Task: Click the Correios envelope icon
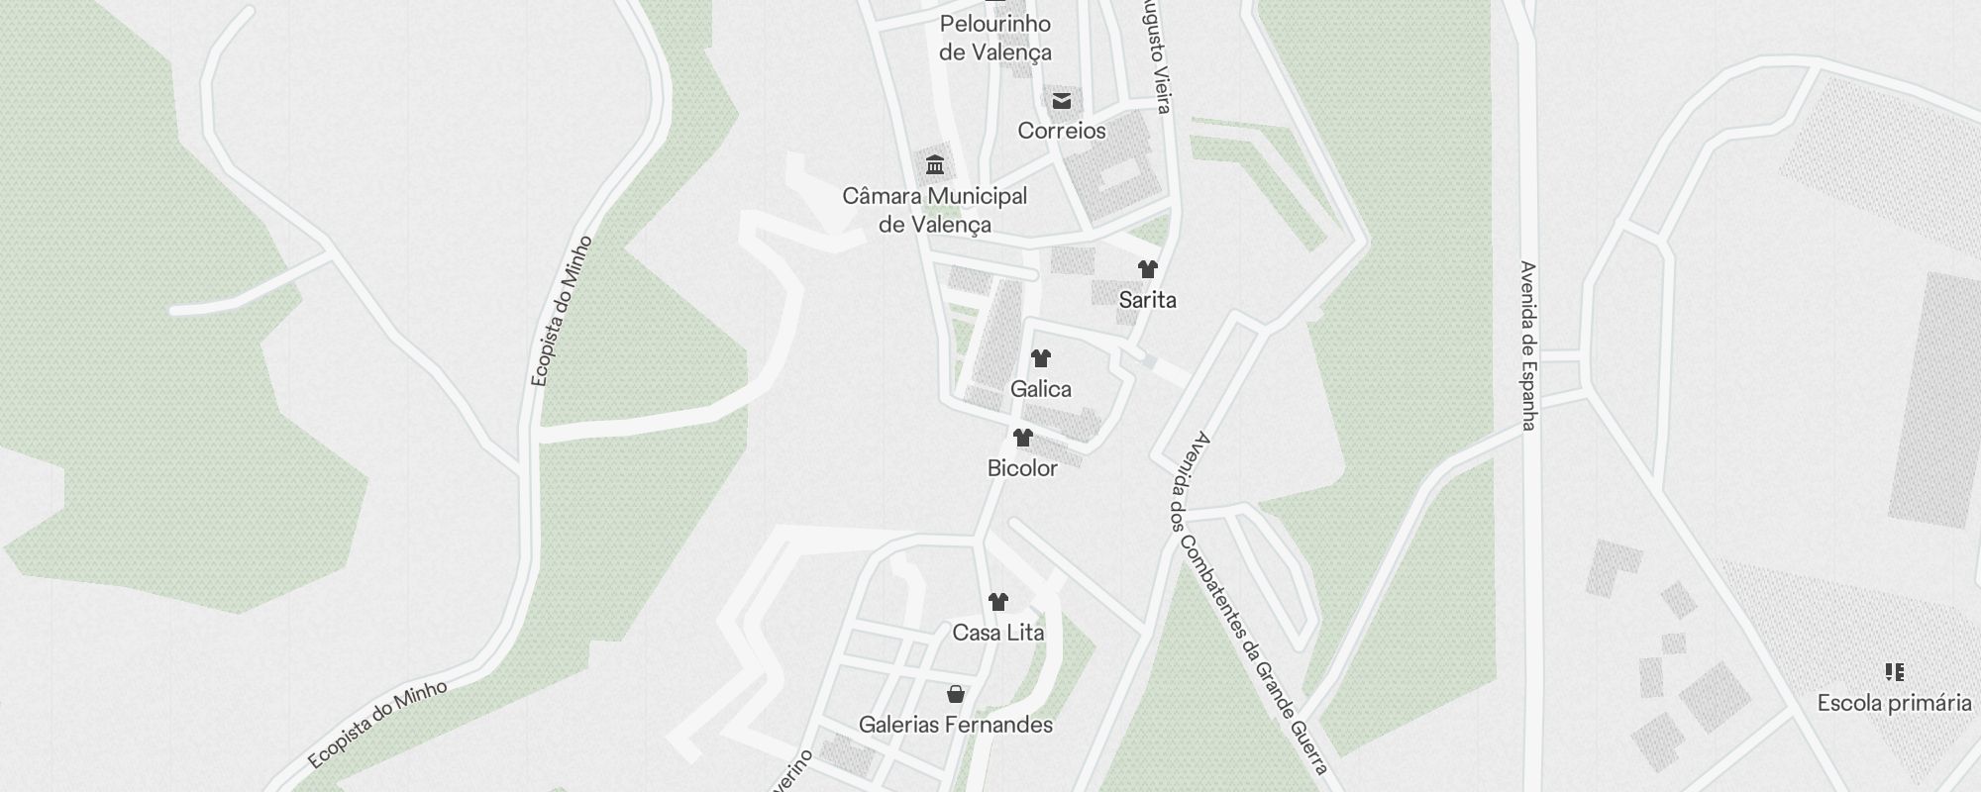[x=1062, y=100]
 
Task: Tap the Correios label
[x=1062, y=131]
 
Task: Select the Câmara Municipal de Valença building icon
[x=934, y=164]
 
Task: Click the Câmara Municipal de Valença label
[x=934, y=210]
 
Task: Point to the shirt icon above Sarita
[x=1147, y=268]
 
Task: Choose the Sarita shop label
[x=1147, y=300]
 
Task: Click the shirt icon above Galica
[x=1040, y=357]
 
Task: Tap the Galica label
[x=1040, y=389]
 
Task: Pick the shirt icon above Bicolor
[x=1022, y=437]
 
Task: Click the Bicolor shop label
[x=1022, y=468]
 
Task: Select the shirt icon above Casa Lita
[x=997, y=601]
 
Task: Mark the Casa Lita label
[x=997, y=633]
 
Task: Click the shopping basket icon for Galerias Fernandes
[x=955, y=693]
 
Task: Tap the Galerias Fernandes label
[x=955, y=725]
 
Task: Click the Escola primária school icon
[x=1894, y=672]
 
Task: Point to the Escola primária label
[x=1894, y=704]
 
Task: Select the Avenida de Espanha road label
[x=1528, y=346]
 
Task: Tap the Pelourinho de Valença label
[x=994, y=38]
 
